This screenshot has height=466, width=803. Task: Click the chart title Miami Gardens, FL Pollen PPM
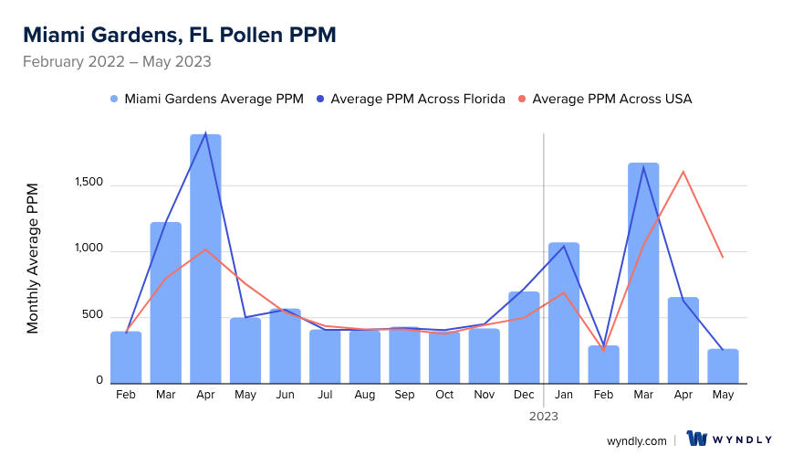179,36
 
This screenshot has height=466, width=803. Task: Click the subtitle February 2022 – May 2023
117,62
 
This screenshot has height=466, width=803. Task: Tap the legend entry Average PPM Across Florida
417,99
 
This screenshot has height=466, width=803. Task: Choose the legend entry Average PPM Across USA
611,99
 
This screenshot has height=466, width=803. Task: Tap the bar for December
524,337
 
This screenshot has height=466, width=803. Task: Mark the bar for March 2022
166,302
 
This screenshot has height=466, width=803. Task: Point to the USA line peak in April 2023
683,172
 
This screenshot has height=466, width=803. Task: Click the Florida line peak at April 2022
206,133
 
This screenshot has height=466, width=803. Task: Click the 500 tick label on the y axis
93,316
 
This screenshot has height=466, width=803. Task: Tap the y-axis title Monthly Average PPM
33,259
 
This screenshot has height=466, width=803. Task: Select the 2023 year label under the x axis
544,416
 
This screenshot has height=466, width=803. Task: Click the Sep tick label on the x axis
404,395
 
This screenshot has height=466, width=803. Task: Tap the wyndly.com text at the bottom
637,440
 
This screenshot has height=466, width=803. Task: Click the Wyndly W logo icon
697,440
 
